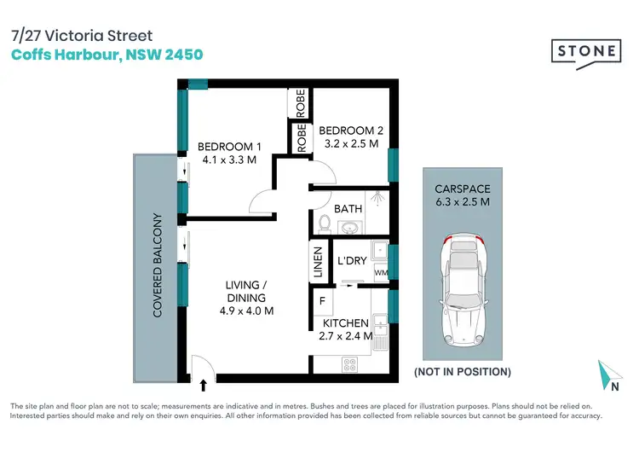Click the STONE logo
[x=588, y=52]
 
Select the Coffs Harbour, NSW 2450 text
[x=106, y=54]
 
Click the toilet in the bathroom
[x=323, y=224]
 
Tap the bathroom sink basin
[x=349, y=228]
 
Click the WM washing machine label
[x=380, y=272]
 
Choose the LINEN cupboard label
[x=318, y=263]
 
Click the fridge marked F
[x=322, y=300]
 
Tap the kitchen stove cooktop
[x=349, y=363]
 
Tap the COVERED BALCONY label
[x=158, y=264]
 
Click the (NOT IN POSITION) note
[x=462, y=372]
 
